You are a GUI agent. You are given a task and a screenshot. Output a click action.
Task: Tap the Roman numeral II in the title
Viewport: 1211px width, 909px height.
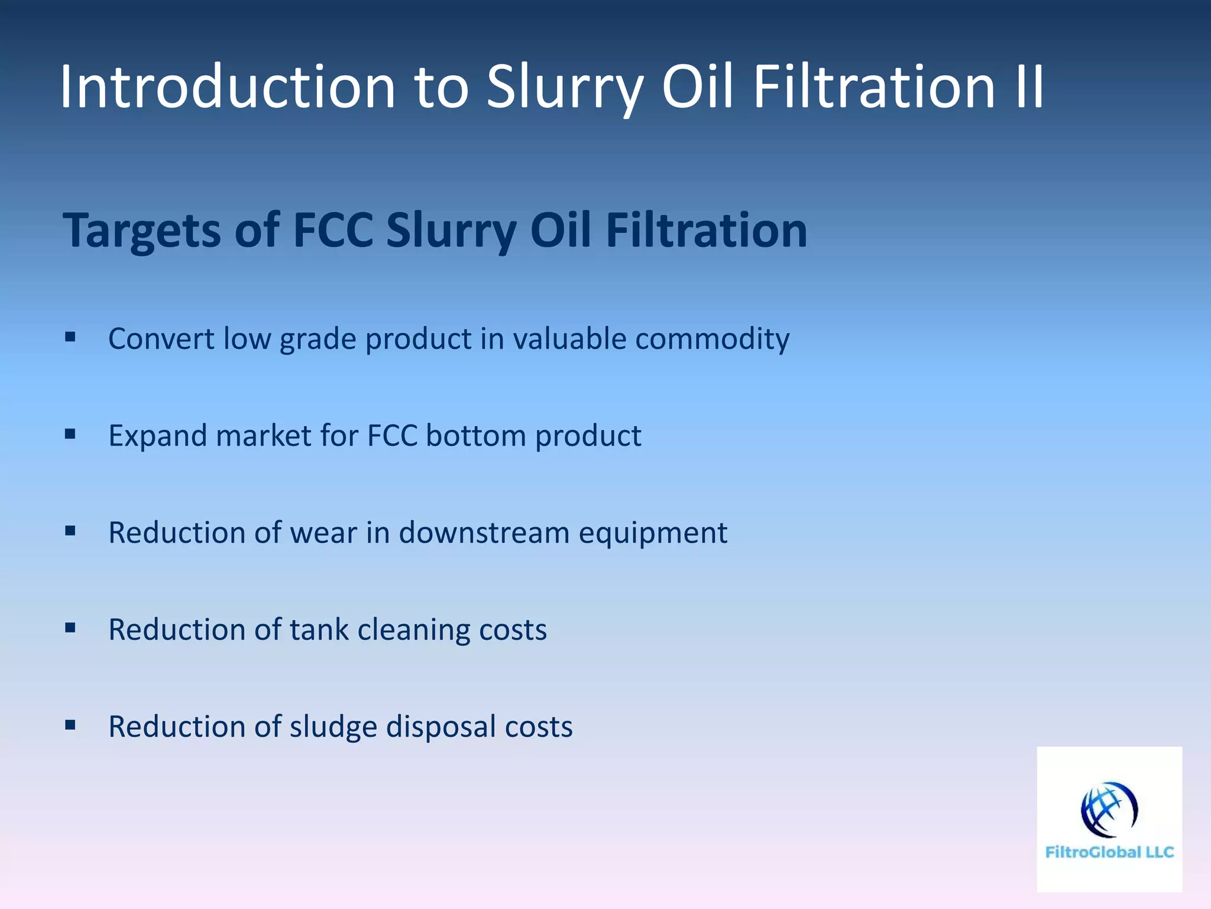[1029, 87]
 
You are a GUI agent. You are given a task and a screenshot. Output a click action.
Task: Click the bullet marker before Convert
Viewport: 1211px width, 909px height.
[70, 337]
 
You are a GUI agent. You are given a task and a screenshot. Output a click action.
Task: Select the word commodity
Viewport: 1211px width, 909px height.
[712, 339]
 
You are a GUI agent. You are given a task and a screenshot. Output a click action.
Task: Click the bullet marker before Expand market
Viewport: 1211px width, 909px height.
[70, 434]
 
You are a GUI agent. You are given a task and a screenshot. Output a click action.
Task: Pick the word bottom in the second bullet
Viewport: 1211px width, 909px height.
[475, 436]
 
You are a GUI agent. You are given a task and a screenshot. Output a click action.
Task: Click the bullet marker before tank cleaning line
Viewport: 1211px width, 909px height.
[70, 628]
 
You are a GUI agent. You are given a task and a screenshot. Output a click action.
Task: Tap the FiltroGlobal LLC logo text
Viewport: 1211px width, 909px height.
[1109, 852]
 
